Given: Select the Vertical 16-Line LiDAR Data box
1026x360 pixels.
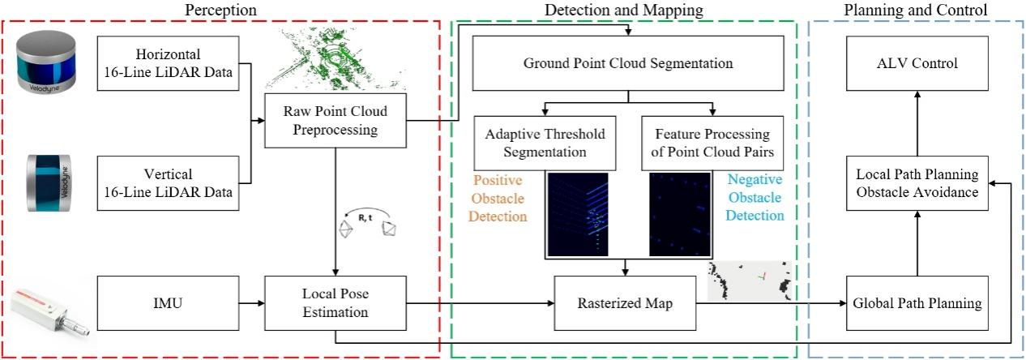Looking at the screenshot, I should tap(165, 183).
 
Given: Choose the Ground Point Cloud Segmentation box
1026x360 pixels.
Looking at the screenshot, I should tap(628, 62).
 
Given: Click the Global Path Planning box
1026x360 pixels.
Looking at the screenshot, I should tap(917, 304).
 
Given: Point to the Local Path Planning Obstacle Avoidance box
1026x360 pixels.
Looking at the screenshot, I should tap(917, 184).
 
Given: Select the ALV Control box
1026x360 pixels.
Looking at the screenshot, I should tap(917, 63).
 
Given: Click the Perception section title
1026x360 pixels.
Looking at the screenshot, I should tap(220, 11).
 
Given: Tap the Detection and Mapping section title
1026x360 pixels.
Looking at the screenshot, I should tap(623, 11).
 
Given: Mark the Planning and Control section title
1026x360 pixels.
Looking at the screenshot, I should tap(916, 11).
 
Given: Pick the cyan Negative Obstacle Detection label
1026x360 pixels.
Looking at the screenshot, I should tap(755, 198).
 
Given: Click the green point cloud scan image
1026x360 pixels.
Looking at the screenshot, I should tap(328, 62).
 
